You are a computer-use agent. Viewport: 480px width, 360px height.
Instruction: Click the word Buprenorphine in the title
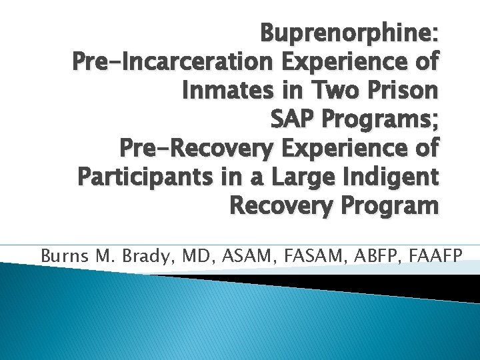(348, 32)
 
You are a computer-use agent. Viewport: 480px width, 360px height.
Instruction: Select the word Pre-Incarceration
(173, 61)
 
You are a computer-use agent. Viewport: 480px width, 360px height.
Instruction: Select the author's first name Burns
(62, 255)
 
